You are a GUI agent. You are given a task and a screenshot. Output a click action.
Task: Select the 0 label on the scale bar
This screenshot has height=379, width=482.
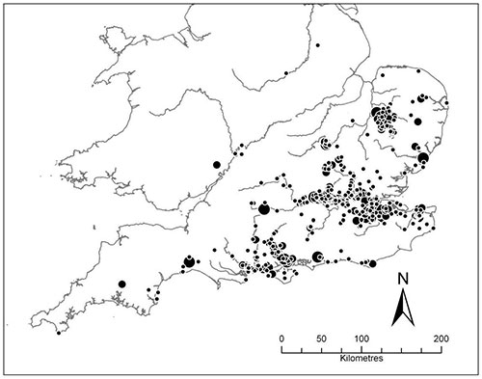coord(281,339)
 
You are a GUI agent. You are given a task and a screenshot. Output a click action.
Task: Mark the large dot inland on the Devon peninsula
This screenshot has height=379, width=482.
coord(122,284)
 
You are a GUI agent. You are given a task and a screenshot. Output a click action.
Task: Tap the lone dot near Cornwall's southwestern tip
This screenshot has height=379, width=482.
coord(59,334)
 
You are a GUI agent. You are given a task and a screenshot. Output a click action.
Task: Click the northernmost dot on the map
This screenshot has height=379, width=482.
coord(317,45)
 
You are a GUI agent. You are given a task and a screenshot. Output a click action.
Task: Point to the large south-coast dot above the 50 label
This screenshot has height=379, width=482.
coord(318,257)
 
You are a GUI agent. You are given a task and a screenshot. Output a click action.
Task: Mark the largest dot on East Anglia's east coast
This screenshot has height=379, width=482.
coord(422,156)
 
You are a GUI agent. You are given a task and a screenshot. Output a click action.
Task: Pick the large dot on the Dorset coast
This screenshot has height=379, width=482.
coord(188,259)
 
